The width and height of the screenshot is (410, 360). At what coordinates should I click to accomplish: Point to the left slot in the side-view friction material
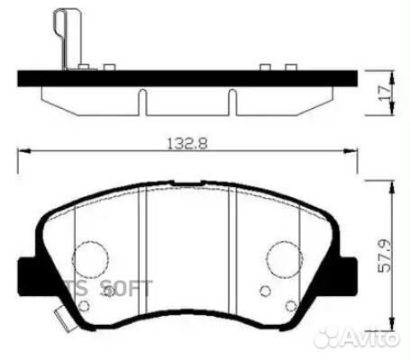coord(142,101)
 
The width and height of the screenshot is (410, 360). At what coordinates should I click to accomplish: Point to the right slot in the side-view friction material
coord(233,101)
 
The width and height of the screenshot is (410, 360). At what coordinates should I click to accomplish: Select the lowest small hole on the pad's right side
coord(291,307)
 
